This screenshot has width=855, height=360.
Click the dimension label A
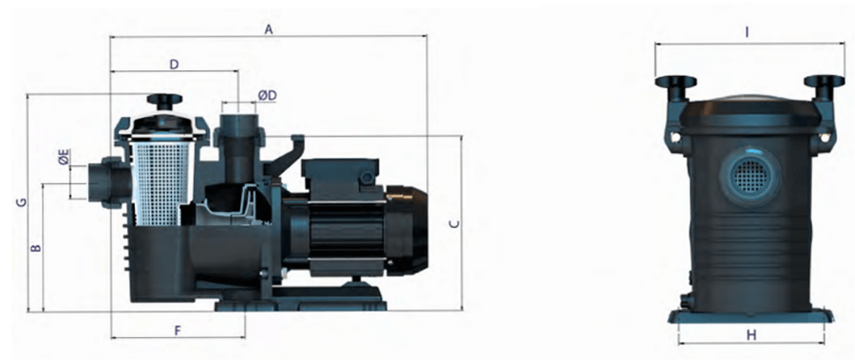click(x=268, y=30)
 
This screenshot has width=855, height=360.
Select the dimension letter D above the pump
click(x=174, y=65)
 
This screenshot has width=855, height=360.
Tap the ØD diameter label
click(x=267, y=95)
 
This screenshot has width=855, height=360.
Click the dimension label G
click(x=21, y=202)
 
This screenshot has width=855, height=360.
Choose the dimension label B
click(x=36, y=248)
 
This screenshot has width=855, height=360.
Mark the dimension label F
click(x=178, y=331)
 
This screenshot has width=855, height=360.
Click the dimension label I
click(x=747, y=32)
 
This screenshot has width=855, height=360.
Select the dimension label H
click(x=751, y=335)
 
